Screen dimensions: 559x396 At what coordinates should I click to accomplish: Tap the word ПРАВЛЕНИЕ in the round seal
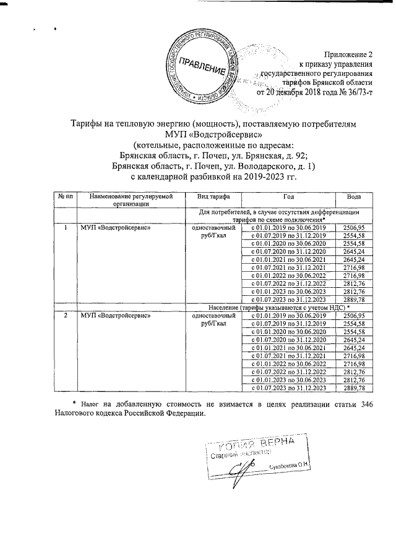click(x=202, y=67)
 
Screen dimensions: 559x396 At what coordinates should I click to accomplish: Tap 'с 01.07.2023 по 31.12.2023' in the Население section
click(x=288, y=389)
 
